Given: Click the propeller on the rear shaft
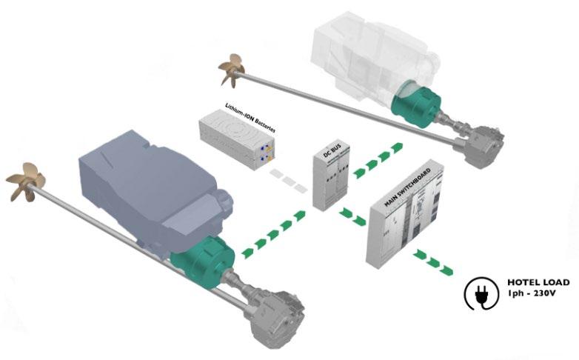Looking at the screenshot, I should (x=232, y=68).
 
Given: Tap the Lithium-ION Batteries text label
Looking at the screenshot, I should (x=250, y=119).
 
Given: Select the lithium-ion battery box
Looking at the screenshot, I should (x=237, y=143).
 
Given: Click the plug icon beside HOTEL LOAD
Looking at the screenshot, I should (x=479, y=293).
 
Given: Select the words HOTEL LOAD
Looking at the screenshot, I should (x=538, y=282).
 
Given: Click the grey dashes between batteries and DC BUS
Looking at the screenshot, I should (x=287, y=180).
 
